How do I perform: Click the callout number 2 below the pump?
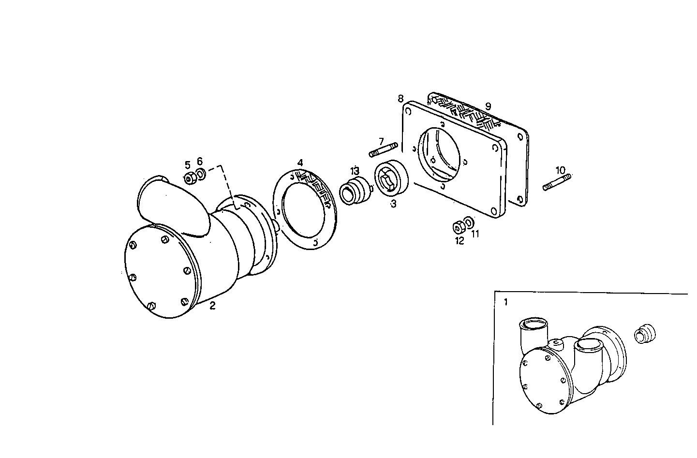point(212,306)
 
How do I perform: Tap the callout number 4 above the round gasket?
point(300,163)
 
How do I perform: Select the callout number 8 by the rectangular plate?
point(400,99)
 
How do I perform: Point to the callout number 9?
point(488,106)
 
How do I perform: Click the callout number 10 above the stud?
point(560,170)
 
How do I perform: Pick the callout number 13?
point(355,171)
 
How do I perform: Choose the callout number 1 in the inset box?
point(506,302)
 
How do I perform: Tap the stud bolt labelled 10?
point(557,182)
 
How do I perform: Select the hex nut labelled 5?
point(190,178)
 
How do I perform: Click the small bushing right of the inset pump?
point(644,334)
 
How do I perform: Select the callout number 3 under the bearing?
point(394,205)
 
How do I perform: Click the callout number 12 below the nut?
point(459,240)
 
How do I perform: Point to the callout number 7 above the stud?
point(381,141)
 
